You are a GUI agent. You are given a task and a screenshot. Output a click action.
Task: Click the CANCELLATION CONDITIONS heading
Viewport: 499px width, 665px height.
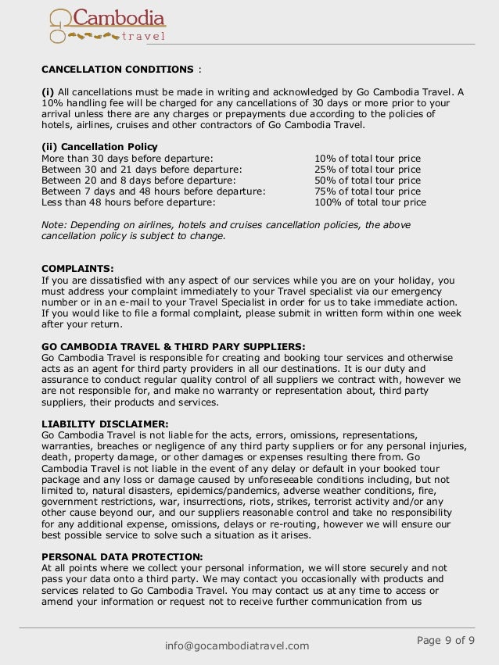tap(117, 69)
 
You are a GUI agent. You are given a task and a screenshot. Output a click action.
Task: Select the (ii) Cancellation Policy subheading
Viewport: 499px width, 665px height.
tap(99, 146)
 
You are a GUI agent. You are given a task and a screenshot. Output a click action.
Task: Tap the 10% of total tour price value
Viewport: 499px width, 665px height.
tap(367, 159)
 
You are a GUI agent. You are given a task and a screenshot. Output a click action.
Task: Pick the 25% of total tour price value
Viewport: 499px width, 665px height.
tap(367, 170)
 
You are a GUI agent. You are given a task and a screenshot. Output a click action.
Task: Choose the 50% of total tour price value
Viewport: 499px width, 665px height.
tap(367, 181)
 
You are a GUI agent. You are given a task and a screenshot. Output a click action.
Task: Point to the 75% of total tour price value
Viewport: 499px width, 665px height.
tap(367, 191)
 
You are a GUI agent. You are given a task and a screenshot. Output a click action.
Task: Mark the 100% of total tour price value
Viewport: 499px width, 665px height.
tap(370, 202)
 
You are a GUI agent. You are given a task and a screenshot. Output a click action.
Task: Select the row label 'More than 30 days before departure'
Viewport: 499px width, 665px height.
tap(127, 159)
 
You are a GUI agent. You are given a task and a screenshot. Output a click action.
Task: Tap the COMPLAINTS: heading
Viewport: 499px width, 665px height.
tap(77, 268)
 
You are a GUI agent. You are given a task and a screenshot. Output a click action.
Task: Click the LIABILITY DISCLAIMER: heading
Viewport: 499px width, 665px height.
tap(105, 423)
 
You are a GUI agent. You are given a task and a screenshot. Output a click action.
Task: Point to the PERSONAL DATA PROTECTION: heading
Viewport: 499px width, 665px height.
tap(122, 556)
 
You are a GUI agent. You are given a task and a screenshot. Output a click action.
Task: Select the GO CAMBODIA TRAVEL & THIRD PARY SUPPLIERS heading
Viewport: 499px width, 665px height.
tap(173, 345)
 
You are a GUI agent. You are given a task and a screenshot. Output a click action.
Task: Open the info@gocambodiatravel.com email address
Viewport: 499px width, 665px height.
tap(237, 645)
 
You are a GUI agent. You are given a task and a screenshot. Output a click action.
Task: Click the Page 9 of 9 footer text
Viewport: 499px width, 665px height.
tap(446, 641)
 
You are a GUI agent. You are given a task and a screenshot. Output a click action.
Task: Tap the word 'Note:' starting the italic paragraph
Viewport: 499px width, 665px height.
tap(54, 224)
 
